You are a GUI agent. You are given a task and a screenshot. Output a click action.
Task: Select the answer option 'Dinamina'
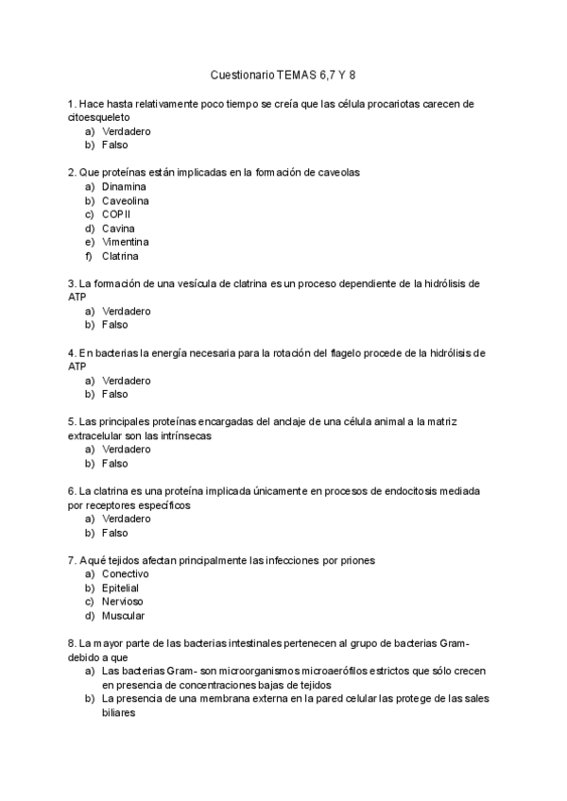[124, 187]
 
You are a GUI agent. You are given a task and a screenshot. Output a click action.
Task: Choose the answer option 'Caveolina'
[126, 201]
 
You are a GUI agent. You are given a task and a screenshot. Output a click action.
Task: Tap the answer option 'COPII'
[116, 214]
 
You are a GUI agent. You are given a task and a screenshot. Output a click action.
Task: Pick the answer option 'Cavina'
[118, 229]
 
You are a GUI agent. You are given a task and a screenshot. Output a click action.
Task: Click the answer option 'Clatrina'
[120, 256]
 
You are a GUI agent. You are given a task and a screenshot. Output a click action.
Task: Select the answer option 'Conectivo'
[126, 574]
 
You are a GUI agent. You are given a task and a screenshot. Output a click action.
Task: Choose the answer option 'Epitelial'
[122, 588]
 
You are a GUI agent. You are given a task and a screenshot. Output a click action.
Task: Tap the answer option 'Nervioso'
[123, 602]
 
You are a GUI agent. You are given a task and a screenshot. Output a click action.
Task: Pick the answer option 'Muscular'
[123, 616]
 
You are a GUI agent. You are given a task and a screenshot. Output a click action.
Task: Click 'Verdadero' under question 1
[127, 131]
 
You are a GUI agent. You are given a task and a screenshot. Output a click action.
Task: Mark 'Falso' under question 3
[114, 325]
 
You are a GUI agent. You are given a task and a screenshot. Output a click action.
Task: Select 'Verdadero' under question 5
[127, 450]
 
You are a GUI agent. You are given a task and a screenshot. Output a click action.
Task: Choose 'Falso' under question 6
[114, 533]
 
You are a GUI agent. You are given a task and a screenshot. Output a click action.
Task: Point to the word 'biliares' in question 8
[120, 713]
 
